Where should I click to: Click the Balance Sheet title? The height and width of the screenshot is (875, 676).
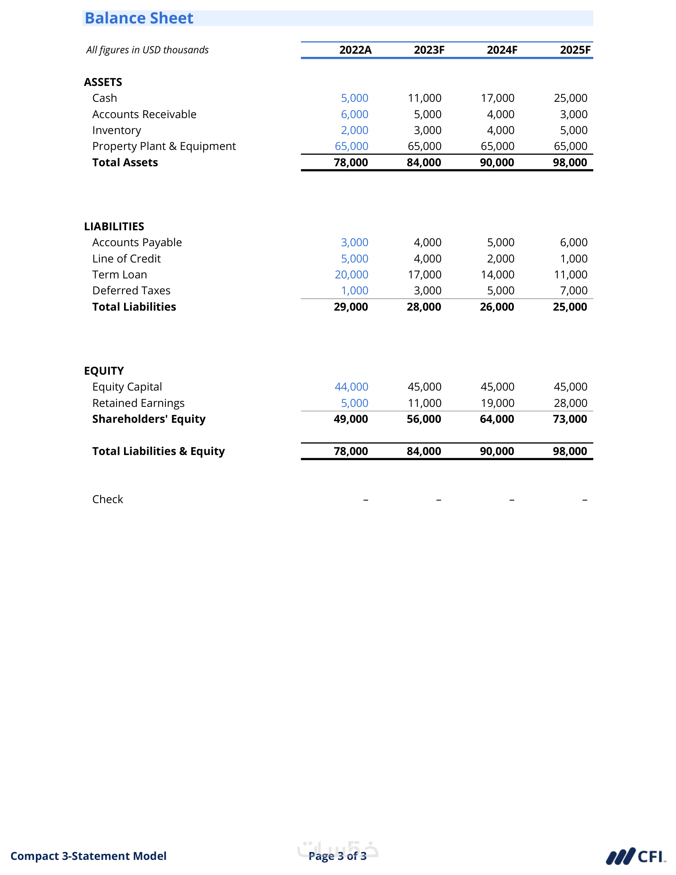click(139, 18)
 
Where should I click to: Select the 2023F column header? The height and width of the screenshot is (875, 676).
click(429, 50)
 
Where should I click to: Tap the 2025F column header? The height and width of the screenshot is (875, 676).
click(575, 50)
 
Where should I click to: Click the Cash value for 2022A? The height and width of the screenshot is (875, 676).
click(354, 98)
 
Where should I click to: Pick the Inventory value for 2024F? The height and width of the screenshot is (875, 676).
click(501, 130)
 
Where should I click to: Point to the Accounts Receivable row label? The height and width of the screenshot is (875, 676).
click(144, 115)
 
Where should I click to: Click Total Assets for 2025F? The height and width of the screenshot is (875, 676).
click(570, 163)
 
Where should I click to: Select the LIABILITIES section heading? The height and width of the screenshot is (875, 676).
click(114, 227)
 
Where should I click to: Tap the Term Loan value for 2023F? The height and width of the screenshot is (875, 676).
click(425, 275)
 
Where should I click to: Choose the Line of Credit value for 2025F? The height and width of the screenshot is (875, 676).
click(573, 259)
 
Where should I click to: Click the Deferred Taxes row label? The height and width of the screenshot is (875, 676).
click(131, 291)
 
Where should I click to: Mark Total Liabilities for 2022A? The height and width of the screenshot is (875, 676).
click(351, 307)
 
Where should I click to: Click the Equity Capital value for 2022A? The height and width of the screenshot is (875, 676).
click(351, 387)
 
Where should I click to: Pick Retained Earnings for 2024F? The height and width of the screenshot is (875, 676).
click(497, 403)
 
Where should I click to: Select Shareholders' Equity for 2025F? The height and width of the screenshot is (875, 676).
click(570, 419)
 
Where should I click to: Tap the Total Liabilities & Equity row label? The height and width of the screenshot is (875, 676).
click(159, 451)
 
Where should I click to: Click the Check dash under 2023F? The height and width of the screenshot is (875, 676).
click(439, 500)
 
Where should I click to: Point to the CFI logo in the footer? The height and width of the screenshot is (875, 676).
click(635, 857)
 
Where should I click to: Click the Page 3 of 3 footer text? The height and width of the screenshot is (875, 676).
click(337, 856)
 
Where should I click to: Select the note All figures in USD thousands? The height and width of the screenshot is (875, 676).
click(148, 50)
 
